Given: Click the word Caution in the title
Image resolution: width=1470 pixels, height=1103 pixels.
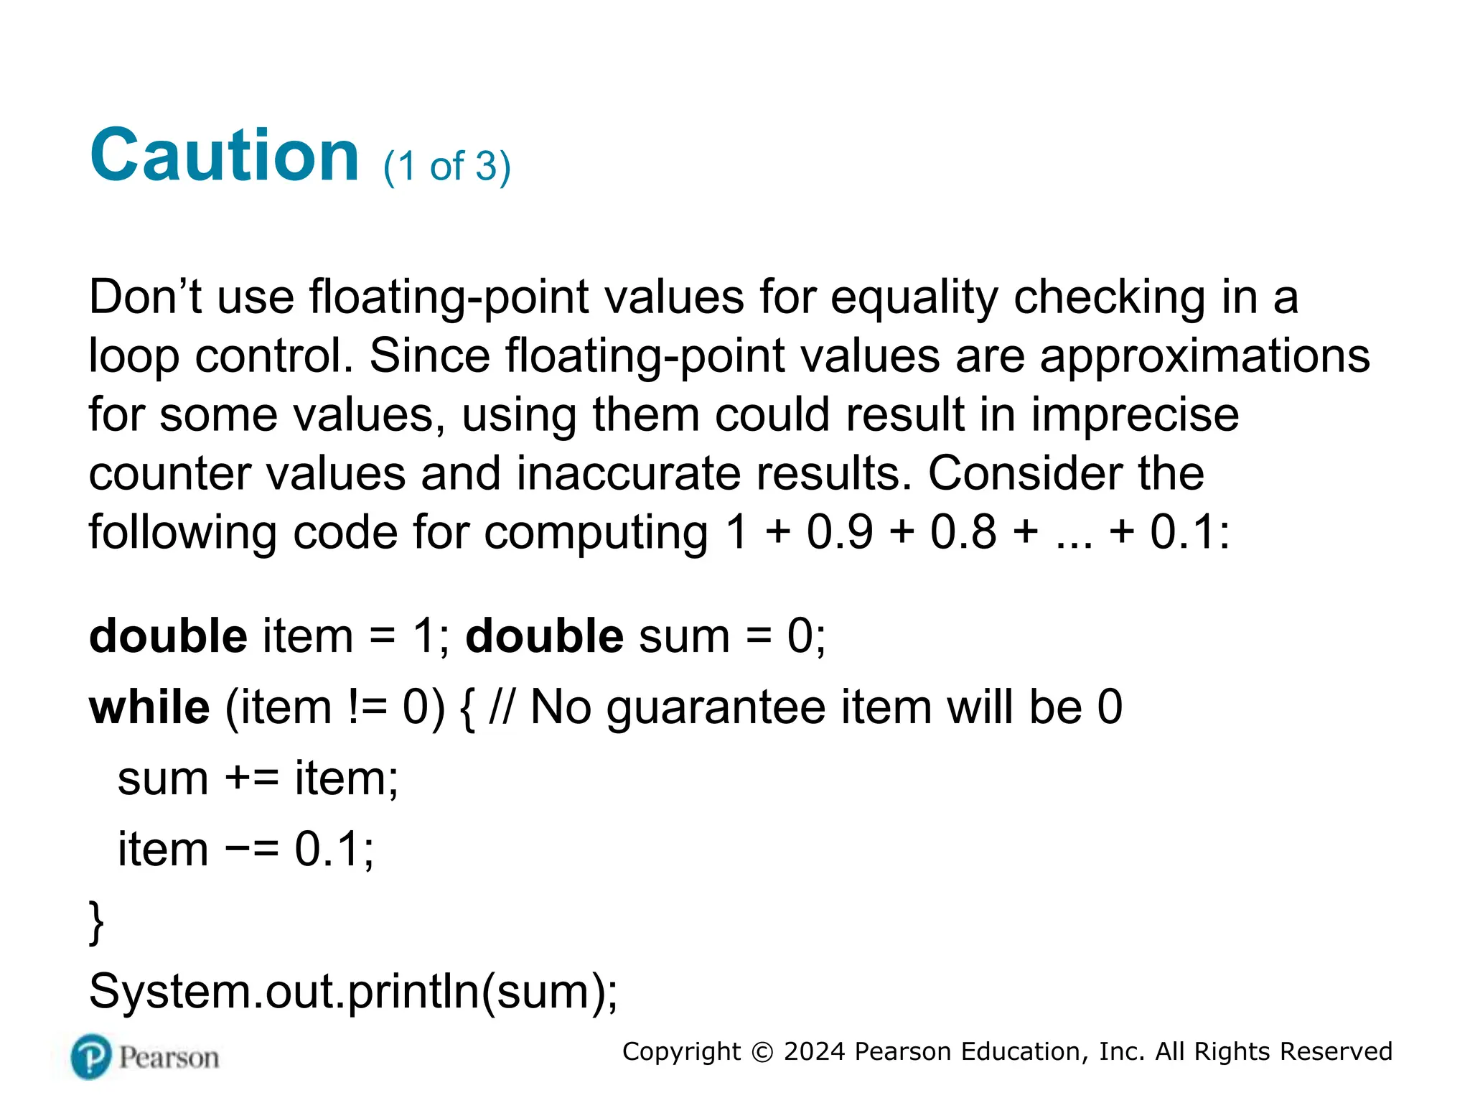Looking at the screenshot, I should [x=224, y=155].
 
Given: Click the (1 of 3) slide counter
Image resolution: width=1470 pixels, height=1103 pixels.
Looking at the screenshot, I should [x=446, y=167].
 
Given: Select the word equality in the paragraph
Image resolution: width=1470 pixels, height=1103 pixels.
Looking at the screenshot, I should [x=914, y=298].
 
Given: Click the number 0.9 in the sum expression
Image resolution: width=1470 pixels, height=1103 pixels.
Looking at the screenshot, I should [x=840, y=533].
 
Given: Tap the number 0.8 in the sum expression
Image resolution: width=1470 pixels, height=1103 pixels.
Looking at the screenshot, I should [x=963, y=533].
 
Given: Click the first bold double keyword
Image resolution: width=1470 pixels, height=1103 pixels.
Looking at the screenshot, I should [x=168, y=636].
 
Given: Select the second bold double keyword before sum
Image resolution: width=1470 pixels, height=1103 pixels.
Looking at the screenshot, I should [x=544, y=636].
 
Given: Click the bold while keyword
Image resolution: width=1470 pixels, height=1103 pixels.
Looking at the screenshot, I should [x=149, y=707].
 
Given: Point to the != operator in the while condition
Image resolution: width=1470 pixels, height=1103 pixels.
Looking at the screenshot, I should [x=367, y=707].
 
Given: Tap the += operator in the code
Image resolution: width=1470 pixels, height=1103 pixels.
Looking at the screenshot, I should [x=251, y=778].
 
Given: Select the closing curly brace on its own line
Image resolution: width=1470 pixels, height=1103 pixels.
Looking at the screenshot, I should [x=96, y=922].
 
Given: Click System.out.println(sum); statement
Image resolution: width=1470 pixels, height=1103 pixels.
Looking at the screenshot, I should [x=352, y=992].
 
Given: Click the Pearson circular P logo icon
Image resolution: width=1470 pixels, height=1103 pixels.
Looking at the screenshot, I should [x=92, y=1057].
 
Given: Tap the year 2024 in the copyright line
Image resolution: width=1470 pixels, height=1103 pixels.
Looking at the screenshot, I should [x=814, y=1051].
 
